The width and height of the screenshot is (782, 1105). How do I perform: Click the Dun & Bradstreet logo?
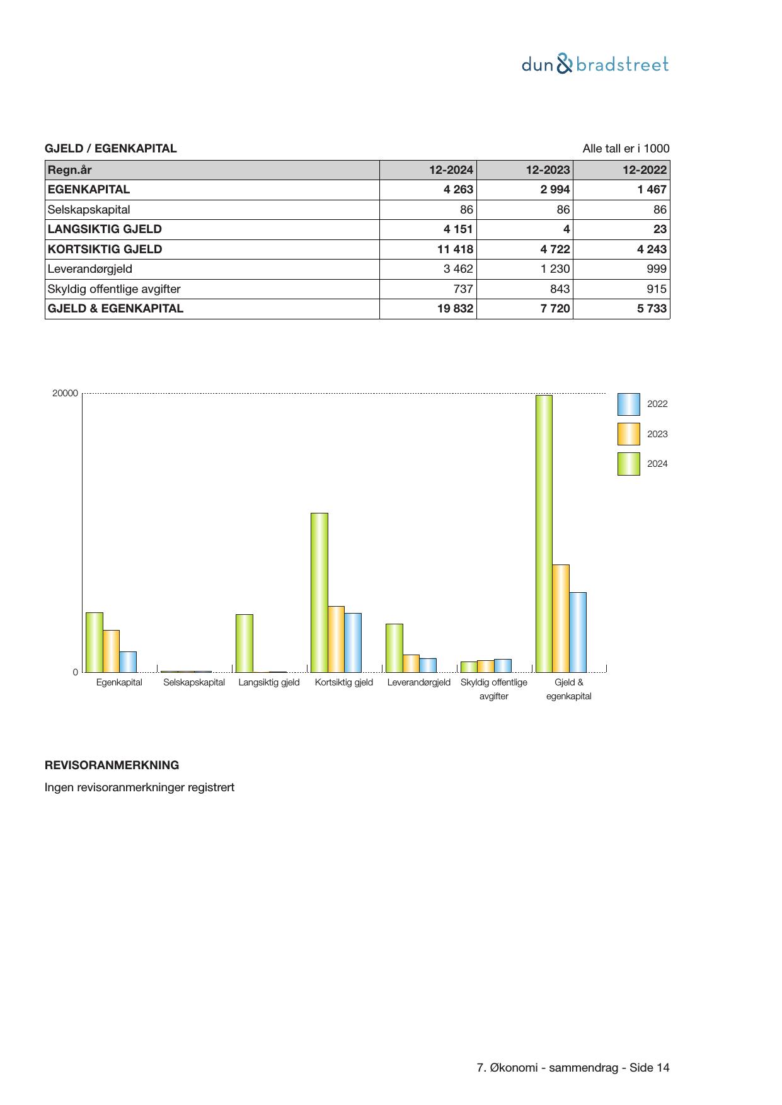pyautogui.click(x=595, y=64)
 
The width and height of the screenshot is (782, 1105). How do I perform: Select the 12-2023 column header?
pyautogui.click(x=548, y=169)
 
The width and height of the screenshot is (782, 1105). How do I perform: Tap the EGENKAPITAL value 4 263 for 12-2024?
pyautogui.click(x=458, y=190)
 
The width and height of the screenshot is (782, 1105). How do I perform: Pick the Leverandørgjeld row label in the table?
pyautogui.click(x=90, y=269)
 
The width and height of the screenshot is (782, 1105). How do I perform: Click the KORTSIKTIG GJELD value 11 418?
pyautogui.click(x=455, y=249)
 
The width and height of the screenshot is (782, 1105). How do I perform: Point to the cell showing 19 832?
pyautogui.click(x=455, y=309)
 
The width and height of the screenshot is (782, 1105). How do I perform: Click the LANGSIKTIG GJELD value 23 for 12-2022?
pyautogui.click(x=660, y=229)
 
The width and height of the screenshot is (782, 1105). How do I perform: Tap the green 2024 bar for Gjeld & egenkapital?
pyautogui.click(x=544, y=533)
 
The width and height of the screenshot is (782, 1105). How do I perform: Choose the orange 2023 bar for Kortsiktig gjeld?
pyautogui.click(x=336, y=639)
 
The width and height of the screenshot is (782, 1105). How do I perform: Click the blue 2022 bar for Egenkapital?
pyautogui.click(x=128, y=661)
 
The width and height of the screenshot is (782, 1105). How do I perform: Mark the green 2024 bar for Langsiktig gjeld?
pyautogui.click(x=244, y=643)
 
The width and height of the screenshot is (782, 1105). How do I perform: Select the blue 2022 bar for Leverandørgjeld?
pyautogui.click(x=428, y=665)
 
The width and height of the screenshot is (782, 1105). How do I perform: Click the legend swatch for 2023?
pyautogui.click(x=628, y=434)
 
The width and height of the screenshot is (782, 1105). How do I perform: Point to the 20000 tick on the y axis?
pyautogui.click(x=66, y=394)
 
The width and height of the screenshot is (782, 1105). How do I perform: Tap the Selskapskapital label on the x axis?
pyautogui.click(x=194, y=682)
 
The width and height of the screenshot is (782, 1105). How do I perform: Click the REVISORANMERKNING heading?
pyautogui.click(x=112, y=765)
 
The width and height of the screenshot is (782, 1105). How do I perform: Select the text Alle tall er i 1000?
pyautogui.click(x=626, y=149)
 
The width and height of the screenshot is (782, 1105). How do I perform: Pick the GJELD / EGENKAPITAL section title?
pyautogui.click(x=111, y=149)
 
